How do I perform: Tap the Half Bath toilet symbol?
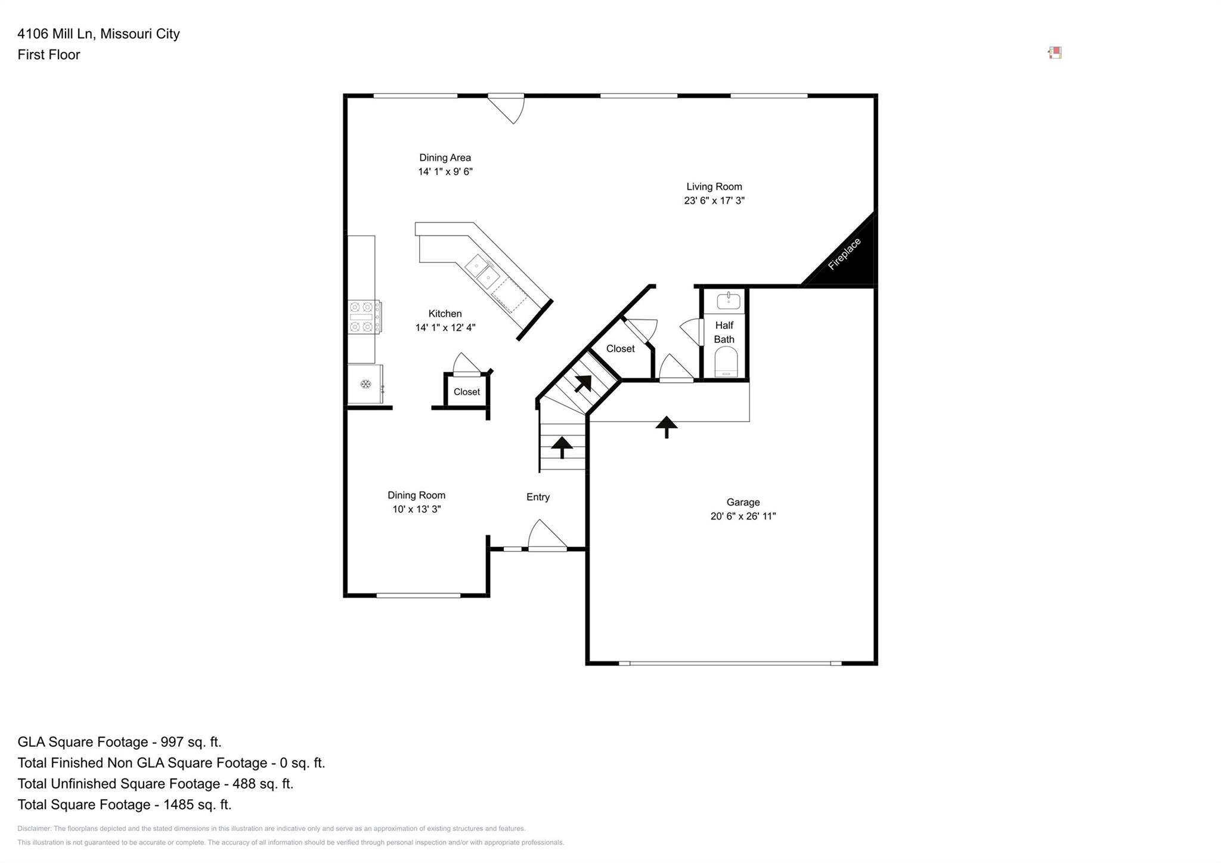[x=726, y=361]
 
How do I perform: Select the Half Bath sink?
[x=728, y=301]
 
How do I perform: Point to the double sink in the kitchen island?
[x=483, y=271]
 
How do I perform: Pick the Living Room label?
[x=714, y=187]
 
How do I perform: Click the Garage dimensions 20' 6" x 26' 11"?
[x=743, y=516]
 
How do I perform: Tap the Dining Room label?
[x=416, y=495]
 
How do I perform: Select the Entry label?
[x=538, y=497]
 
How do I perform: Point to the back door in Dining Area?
[x=506, y=109]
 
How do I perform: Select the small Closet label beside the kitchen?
[x=466, y=392]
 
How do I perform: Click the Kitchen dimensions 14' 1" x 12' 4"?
[x=445, y=327]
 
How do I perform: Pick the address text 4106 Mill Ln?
[x=55, y=34]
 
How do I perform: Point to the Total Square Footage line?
[x=125, y=805]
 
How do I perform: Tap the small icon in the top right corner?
[x=1055, y=52]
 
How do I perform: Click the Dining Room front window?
[x=419, y=595]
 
